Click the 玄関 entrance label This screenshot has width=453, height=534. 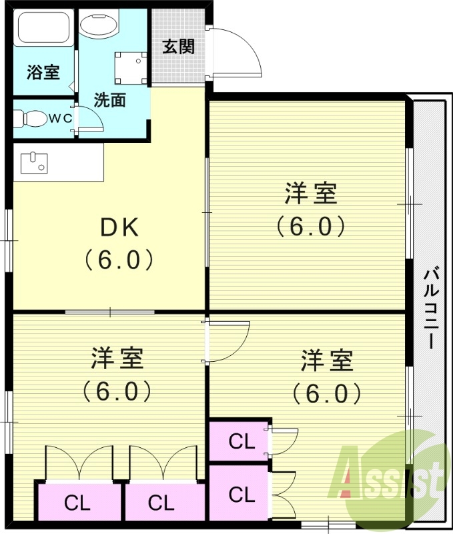click(179, 47)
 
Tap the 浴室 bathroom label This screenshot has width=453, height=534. click(43, 73)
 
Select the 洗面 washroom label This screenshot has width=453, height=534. click(109, 101)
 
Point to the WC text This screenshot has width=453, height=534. click(59, 119)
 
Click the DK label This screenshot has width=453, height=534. click(119, 229)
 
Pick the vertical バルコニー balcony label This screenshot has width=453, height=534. click(431, 308)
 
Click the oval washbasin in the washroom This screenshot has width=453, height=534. click(98, 25)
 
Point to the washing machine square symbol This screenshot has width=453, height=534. click(130, 67)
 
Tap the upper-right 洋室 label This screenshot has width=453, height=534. click(310, 194)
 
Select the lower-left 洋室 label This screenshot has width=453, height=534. click(117, 358)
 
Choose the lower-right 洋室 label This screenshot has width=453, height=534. click(326, 361)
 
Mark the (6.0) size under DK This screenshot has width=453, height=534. click(119, 259)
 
